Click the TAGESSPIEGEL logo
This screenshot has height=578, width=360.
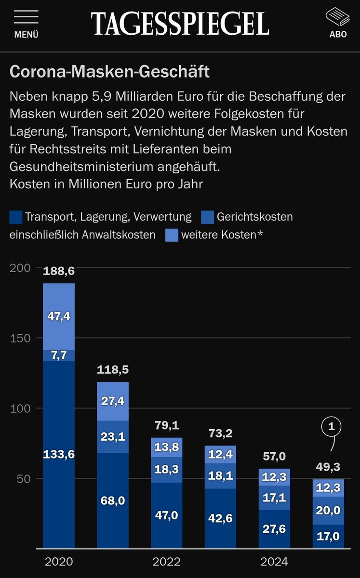180,23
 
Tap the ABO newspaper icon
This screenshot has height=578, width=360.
338,17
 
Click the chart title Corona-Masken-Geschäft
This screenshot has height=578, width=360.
109,72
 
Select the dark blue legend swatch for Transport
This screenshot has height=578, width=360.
15,217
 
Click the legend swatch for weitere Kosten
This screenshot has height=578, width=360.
172,235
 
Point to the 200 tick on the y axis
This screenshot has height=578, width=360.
21,268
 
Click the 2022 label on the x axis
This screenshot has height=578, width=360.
166,562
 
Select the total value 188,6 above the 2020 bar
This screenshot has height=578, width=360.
59,271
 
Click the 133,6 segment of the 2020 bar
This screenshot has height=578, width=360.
59,454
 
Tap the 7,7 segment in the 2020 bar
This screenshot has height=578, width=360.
59,355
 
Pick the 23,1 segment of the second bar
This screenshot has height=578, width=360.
113,437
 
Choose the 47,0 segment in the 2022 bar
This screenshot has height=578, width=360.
167,515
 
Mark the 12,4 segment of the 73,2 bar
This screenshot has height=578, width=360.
221,455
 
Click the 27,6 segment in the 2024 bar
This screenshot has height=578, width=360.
275,529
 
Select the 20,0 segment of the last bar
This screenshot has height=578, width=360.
329,510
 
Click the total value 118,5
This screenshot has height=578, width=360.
113,370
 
